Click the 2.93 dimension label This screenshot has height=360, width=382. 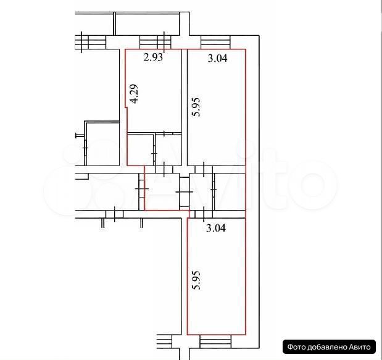coord(153,57)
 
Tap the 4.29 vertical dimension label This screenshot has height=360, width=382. coord(133,94)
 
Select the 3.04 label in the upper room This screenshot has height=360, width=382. coord(217,58)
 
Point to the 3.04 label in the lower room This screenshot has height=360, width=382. coord(216,228)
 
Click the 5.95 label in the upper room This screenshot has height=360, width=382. coord(196,107)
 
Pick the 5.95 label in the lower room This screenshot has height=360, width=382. coord(196,280)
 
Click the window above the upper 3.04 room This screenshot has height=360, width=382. coord(215,42)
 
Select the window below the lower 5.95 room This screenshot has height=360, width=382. coord(215,341)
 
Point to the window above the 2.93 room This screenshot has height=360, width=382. coord(155,42)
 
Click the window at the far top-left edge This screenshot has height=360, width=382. coord(90,42)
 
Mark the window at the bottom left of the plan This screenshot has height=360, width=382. coord(164,341)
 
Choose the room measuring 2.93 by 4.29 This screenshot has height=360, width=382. coord(154,91)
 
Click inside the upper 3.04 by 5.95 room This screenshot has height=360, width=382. coord(217,107)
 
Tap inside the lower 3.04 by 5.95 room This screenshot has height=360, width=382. coord(217,276)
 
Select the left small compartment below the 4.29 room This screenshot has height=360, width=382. coord(141,149)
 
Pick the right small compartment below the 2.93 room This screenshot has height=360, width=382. coord(168,149)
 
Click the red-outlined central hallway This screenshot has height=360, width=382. coord(162,191)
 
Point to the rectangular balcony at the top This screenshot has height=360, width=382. coord(147,23)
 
